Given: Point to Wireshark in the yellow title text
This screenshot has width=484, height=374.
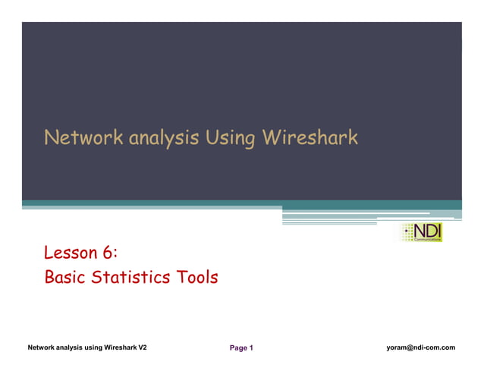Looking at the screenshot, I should click(309, 138).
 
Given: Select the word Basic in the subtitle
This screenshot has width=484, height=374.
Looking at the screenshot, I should click(65, 278).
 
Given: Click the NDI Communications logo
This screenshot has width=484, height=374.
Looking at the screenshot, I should click(421, 233).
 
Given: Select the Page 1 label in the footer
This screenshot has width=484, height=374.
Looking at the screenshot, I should click(241, 348).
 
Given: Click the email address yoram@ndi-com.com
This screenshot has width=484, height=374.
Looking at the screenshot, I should click(420, 347).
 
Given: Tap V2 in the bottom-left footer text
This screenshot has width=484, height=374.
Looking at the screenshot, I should click(142, 347).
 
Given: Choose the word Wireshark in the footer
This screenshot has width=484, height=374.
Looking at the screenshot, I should click(115, 347).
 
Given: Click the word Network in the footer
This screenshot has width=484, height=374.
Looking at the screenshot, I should click(44, 347).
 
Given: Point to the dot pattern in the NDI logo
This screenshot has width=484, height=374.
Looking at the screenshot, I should click(407, 233).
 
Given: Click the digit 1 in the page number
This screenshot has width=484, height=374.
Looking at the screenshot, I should click(250, 348).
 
